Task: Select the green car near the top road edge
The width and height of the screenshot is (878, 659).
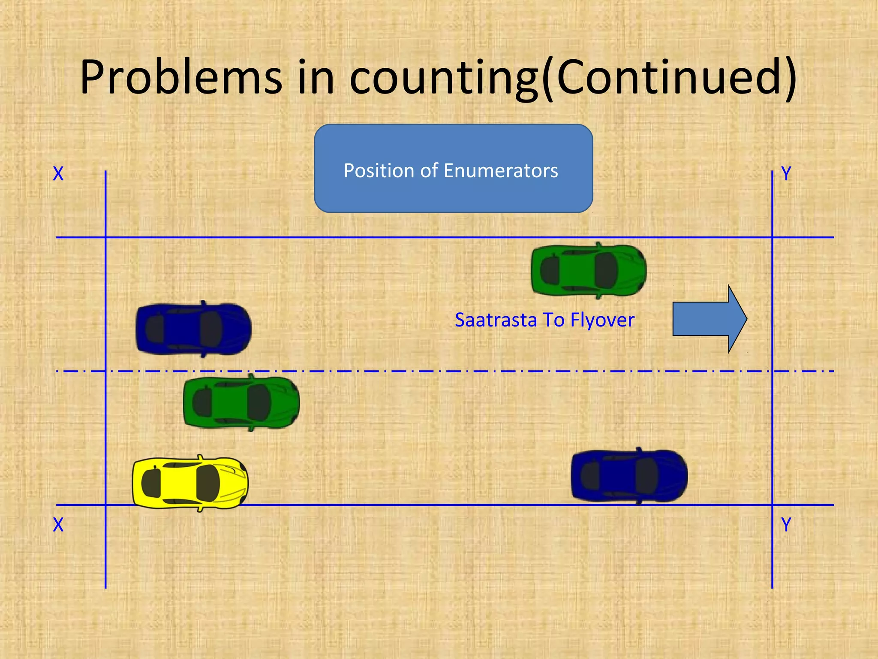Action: point(588,270)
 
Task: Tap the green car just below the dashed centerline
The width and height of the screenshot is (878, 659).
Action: point(241,402)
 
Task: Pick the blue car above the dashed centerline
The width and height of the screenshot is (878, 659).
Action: point(193,329)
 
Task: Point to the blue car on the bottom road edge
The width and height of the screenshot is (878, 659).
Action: point(629,475)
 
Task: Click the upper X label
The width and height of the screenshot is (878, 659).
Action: point(58,174)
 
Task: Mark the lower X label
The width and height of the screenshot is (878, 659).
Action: point(58,525)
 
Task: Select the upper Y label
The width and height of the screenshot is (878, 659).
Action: point(786,174)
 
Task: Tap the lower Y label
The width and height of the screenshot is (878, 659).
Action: point(786,525)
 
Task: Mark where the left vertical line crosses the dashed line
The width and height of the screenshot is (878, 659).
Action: point(105,371)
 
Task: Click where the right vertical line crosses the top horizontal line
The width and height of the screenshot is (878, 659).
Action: point(772,237)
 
